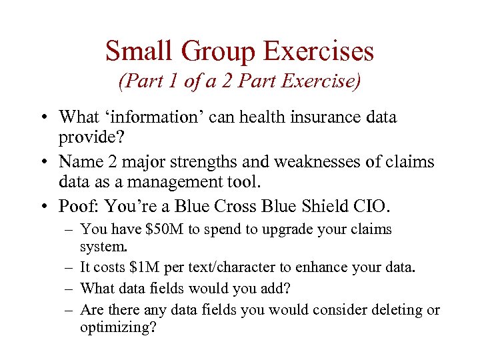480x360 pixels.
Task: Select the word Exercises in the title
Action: click(319, 51)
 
